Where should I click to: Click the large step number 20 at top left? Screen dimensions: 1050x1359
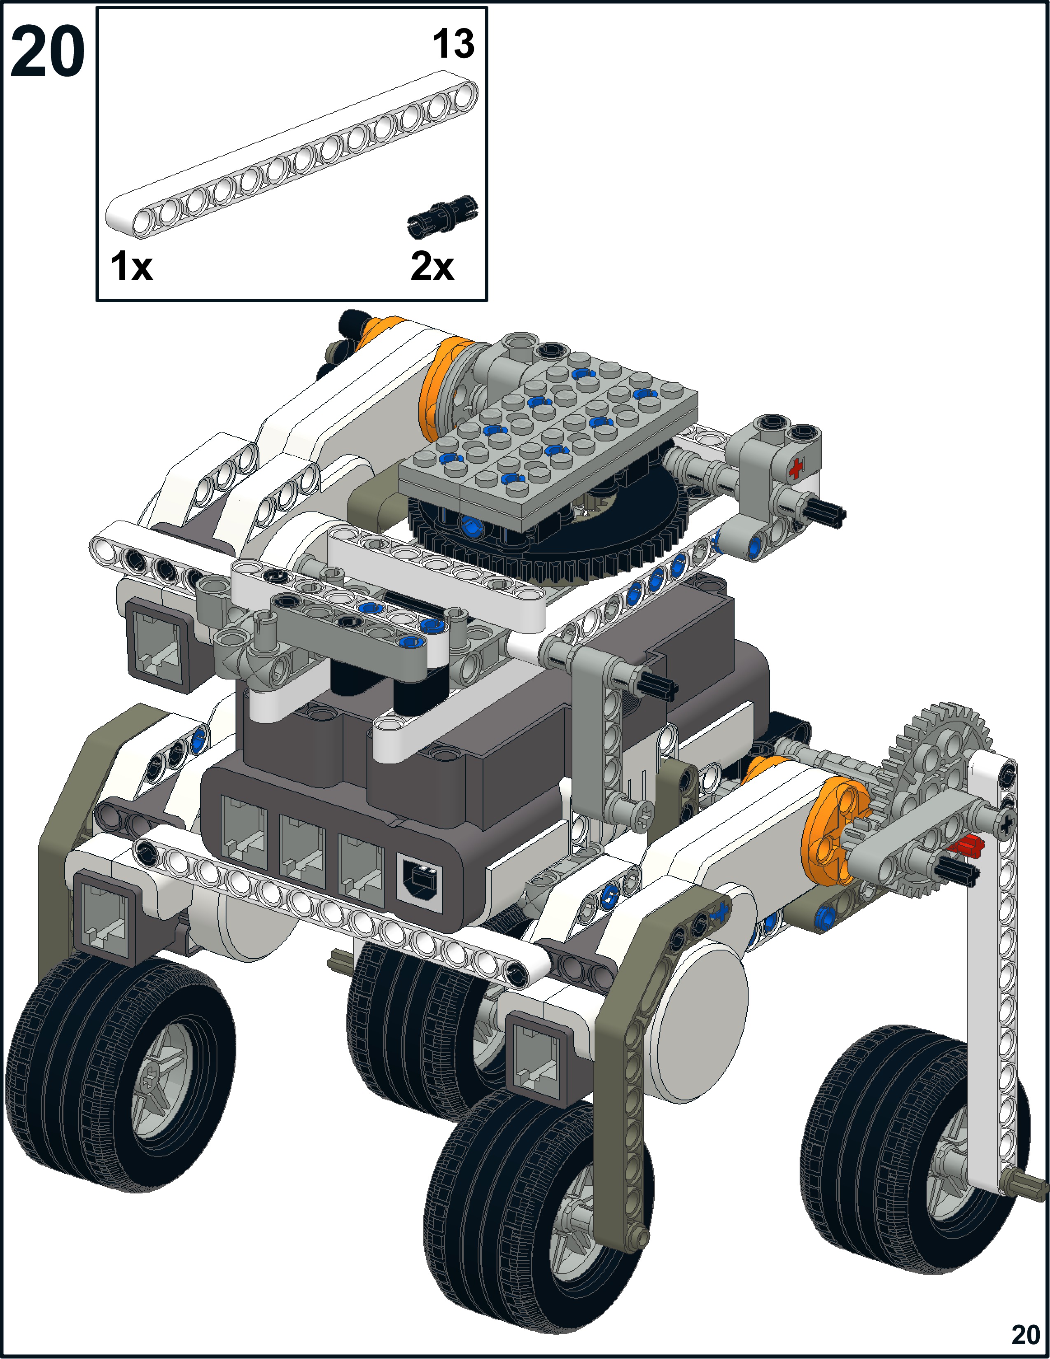click(x=48, y=51)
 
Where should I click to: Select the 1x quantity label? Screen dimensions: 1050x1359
click(x=131, y=266)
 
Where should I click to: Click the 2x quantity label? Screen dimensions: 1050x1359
click(x=432, y=266)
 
